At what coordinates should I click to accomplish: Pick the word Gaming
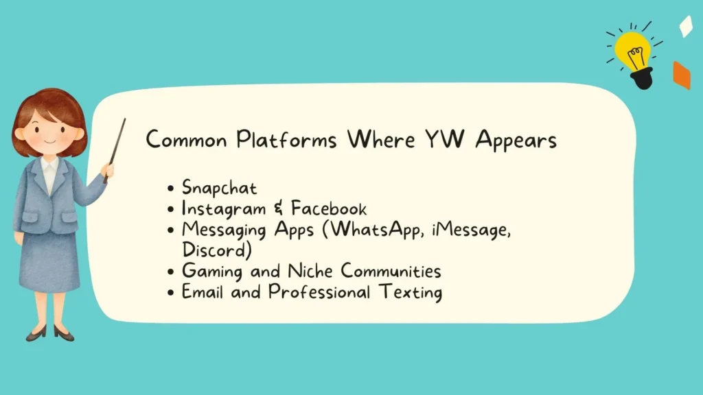pos(209,272)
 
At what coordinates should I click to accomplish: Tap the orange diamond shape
pos(681,75)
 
